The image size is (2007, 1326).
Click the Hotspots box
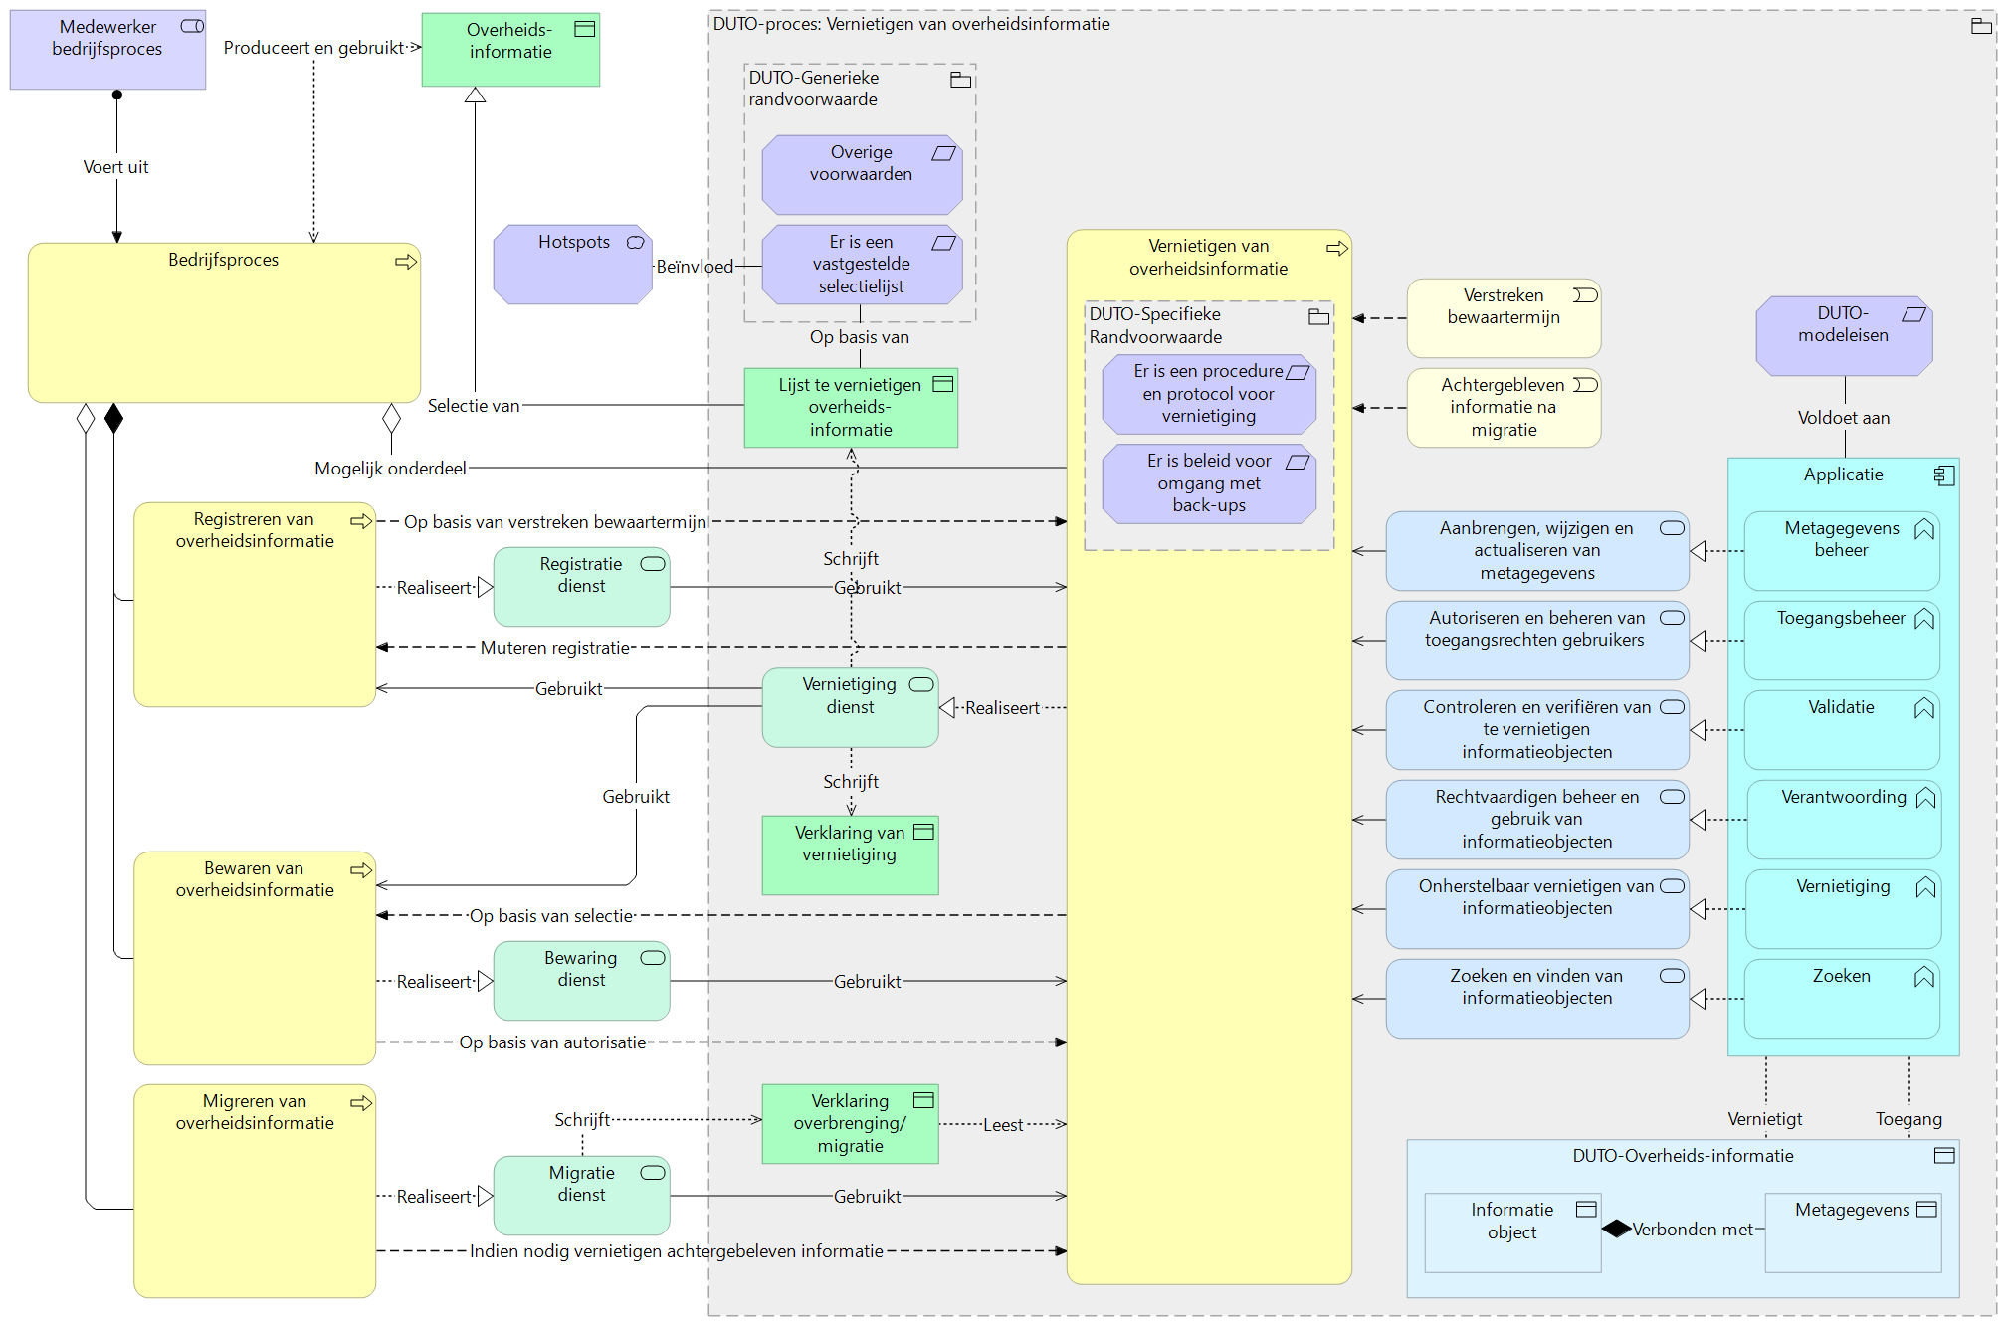[x=572, y=265]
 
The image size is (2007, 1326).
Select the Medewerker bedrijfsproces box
[x=107, y=50]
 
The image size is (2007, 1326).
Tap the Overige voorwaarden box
[x=861, y=175]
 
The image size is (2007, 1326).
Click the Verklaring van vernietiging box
[x=850, y=854]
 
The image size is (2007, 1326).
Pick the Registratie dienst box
[x=581, y=587]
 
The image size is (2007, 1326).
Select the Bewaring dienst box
[x=581, y=980]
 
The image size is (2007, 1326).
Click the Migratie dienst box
[x=581, y=1195]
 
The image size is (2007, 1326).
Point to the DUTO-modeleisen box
[x=1843, y=336]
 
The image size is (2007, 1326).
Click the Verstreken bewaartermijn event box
[x=1503, y=317]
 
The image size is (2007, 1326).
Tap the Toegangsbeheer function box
[x=1841, y=640]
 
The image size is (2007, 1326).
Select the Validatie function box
[x=1841, y=729]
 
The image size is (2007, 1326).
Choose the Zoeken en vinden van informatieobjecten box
[x=1536, y=998]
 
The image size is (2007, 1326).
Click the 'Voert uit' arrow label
[x=115, y=167]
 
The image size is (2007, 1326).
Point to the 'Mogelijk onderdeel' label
[x=390, y=468]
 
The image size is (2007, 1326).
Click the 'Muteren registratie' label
[x=554, y=648]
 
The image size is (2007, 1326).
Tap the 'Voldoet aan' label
[x=1843, y=418]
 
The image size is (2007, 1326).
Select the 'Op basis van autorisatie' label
[x=552, y=1042]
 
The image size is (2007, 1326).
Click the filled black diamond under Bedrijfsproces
[x=114, y=419]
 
